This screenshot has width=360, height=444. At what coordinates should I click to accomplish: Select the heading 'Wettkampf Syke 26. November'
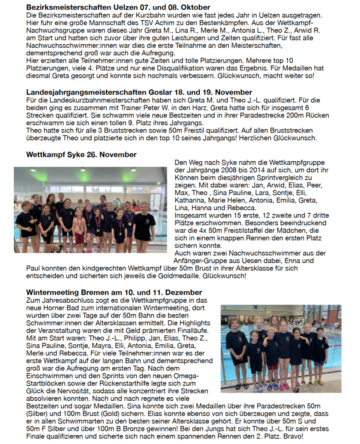click(x=81, y=155)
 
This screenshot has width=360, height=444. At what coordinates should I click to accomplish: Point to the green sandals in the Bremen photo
click(x=321, y=382)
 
